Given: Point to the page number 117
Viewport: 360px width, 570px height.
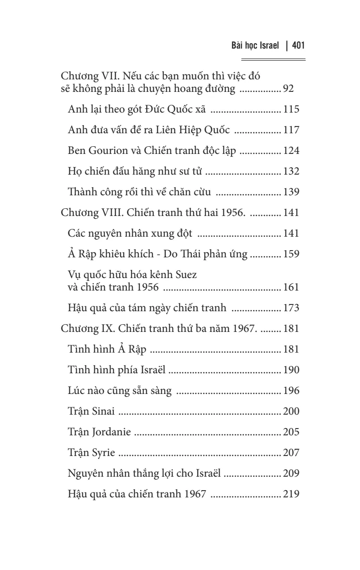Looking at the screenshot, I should click(x=291, y=130).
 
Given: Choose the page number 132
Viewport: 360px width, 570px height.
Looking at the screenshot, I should click(x=291, y=171).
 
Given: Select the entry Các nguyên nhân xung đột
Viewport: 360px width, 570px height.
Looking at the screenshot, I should click(x=130, y=233).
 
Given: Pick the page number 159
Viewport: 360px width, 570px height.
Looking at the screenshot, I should click(x=291, y=254).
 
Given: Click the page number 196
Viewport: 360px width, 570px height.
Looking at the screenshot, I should click(x=291, y=391).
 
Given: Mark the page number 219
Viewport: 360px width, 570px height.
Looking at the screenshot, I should click(x=291, y=494).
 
